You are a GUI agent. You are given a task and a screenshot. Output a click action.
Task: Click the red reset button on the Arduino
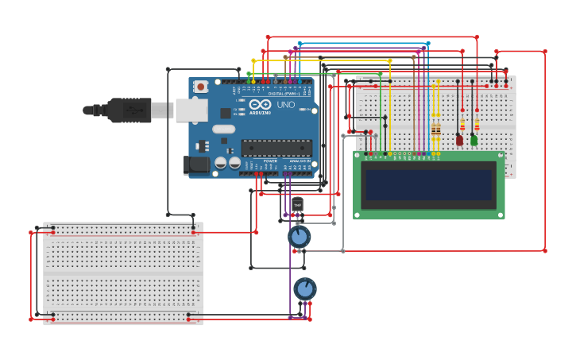point(200,87)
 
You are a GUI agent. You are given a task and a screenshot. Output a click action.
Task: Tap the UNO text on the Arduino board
point(285,105)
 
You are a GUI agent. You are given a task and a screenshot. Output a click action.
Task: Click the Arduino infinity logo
point(259,104)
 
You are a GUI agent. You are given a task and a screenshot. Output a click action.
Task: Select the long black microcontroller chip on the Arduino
point(276,148)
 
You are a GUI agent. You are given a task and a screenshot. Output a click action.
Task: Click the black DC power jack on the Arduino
point(195,165)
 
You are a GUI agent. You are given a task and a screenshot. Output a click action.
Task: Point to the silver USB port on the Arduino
point(191,110)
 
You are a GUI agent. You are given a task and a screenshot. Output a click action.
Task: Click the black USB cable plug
point(127,110)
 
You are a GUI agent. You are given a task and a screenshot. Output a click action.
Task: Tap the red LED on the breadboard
point(459,140)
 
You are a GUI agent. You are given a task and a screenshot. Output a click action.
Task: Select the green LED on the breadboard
point(474,140)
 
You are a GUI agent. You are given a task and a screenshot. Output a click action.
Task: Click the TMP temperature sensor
point(297,204)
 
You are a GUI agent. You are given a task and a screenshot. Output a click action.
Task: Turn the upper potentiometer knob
point(299,236)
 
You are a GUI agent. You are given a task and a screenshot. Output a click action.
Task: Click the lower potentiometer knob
point(304,288)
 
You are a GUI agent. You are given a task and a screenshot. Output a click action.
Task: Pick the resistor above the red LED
point(462,125)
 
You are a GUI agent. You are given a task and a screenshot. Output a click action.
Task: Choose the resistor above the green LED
point(477,125)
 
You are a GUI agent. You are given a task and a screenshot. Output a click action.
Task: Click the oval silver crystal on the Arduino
point(223,129)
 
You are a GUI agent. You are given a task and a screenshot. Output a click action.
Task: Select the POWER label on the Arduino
point(270,161)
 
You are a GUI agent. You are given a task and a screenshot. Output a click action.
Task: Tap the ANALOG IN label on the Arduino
point(300,161)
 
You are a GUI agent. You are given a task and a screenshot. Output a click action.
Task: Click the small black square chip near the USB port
point(226,113)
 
